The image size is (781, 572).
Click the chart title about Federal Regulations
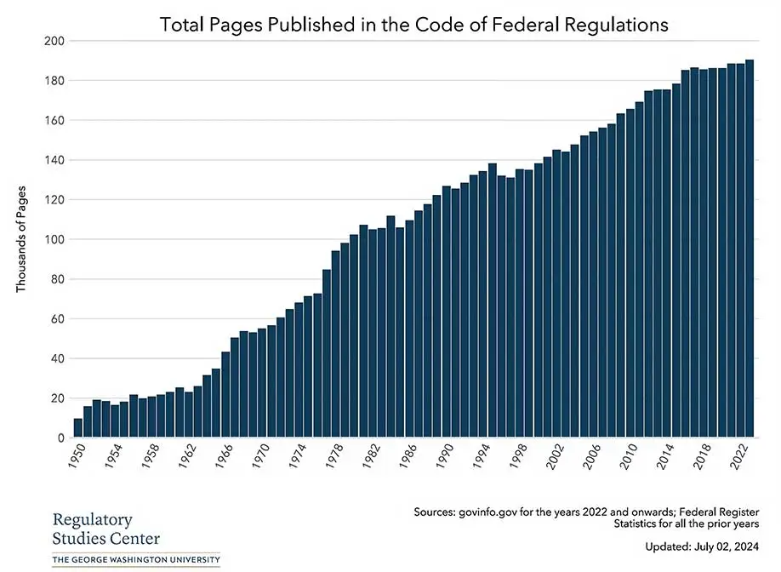pos(414,25)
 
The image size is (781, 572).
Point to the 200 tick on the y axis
pos(54,41)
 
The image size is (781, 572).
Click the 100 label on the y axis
pos(54,239)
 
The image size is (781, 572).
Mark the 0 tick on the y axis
pos(60,438)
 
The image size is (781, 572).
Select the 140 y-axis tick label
pos(54,160)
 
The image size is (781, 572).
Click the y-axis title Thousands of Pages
pos(23,239)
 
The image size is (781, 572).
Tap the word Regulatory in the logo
pos(92,520)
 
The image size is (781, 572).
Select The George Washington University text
pos(136,560)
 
